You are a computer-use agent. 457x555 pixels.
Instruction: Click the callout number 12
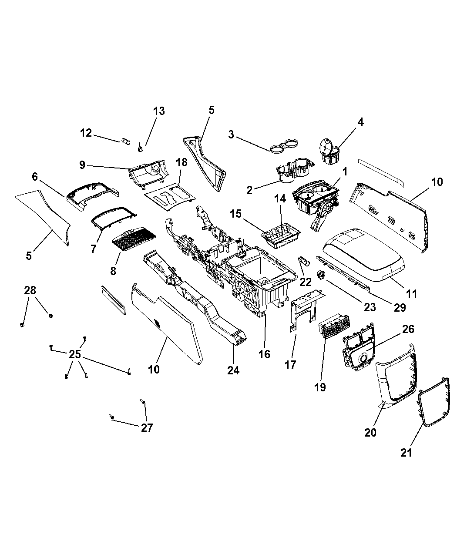click(x=86, y=132)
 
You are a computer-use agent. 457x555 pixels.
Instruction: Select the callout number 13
click(x=159, y=111)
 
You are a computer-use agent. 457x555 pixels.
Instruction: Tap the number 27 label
click(x=147, y=427)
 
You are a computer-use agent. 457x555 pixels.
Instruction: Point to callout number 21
click(x=406, y=453)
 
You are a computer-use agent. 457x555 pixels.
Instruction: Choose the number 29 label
click(x=400, y=307)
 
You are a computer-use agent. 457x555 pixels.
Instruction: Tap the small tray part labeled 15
click(x=281, y=235)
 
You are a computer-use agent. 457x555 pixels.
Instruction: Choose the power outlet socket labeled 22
click(x=302, y=262)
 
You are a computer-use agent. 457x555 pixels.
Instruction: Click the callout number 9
click(x=82, y=165)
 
